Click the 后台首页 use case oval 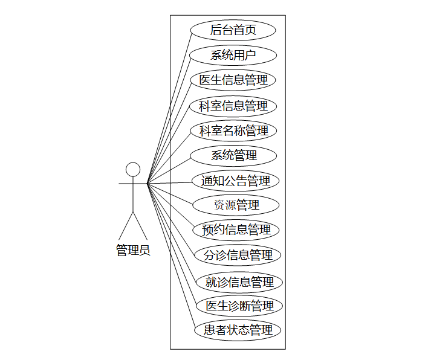tap(233, 30)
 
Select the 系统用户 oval tap(233, 55)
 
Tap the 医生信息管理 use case tap(233, 80)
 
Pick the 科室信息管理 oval tap(233, 106)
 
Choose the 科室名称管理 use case tap(233, 130)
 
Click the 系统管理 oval tap(233, 155)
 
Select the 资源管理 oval tap(236, 205)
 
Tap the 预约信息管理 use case tap(236, 230)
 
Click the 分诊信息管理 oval tap(238, 255)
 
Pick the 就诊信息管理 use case tap(239, 281)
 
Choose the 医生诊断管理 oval tap(239, 306)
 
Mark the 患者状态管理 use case tap(238, 330)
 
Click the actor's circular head tap(133, 169)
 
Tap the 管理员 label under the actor tap(133, 250)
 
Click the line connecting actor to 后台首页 tap(169, 106)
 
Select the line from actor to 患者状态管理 tap(172, 256)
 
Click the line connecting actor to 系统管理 tap(169, 169)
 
